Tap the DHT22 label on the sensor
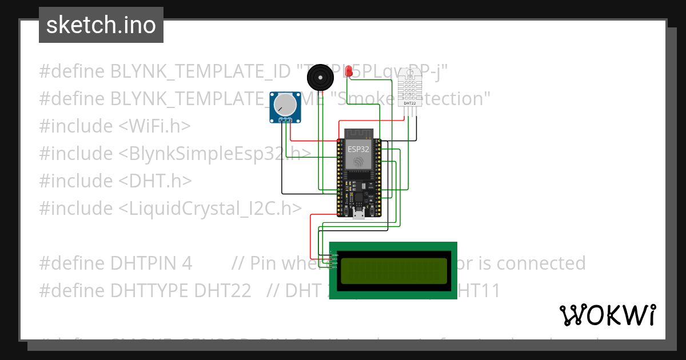[409, 103]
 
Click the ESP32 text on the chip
[358, 149]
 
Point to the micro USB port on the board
[358, 215]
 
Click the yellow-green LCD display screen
[393, 271]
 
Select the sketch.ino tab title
[101, 25]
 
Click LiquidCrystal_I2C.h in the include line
[209, 208]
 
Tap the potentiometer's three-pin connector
[286, 120]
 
